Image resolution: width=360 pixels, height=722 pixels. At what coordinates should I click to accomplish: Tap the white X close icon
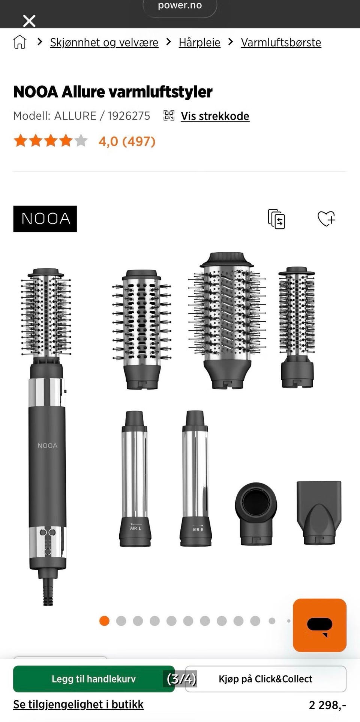point(29,21)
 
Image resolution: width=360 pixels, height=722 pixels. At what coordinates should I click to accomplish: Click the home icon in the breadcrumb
point(20,42)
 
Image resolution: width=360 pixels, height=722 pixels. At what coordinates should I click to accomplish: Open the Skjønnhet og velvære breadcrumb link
point(104,42)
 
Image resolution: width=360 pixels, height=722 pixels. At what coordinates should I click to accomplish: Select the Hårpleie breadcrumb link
point(199,42)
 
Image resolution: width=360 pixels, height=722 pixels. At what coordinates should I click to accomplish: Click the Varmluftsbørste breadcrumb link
point(281,42)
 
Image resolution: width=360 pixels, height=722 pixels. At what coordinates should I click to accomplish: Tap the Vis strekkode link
point(215,116)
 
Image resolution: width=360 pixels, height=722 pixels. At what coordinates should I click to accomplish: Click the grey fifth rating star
point(81,141)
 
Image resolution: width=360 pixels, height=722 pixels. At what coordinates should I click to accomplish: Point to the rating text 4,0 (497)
point(127,141)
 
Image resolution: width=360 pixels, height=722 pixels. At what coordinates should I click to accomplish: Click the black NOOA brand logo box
point(45,219)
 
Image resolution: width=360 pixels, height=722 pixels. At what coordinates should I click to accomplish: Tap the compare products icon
point(276,219)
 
